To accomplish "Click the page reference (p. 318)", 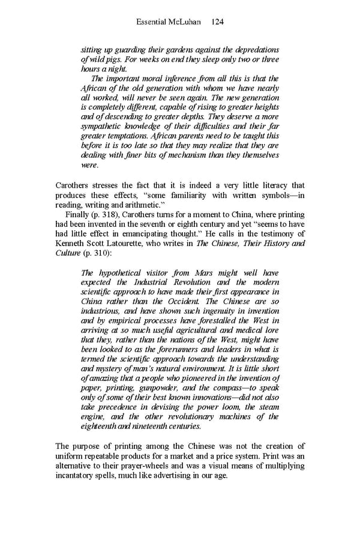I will coord(106,214).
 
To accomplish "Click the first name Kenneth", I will coord(72,243).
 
